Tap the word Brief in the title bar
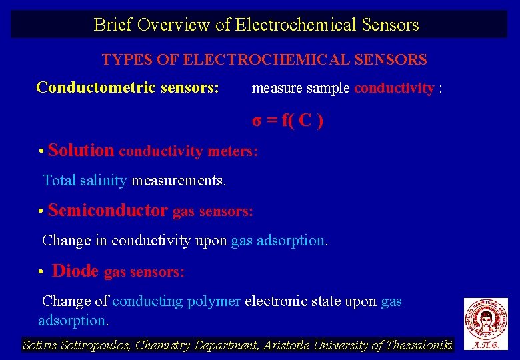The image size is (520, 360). (x=113, y=25)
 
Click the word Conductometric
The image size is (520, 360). (x=96, y=87)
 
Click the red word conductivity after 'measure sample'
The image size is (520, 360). (x=394, y=89)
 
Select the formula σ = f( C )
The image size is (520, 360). (x=287, y=121)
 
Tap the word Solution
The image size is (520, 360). (x=81, y=150)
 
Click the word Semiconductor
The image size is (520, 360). (x=107, y=211)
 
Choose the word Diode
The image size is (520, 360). (x=75, y=271)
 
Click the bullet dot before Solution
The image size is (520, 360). (x=41, y=151)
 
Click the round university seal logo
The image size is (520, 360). (x=485, y=318)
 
